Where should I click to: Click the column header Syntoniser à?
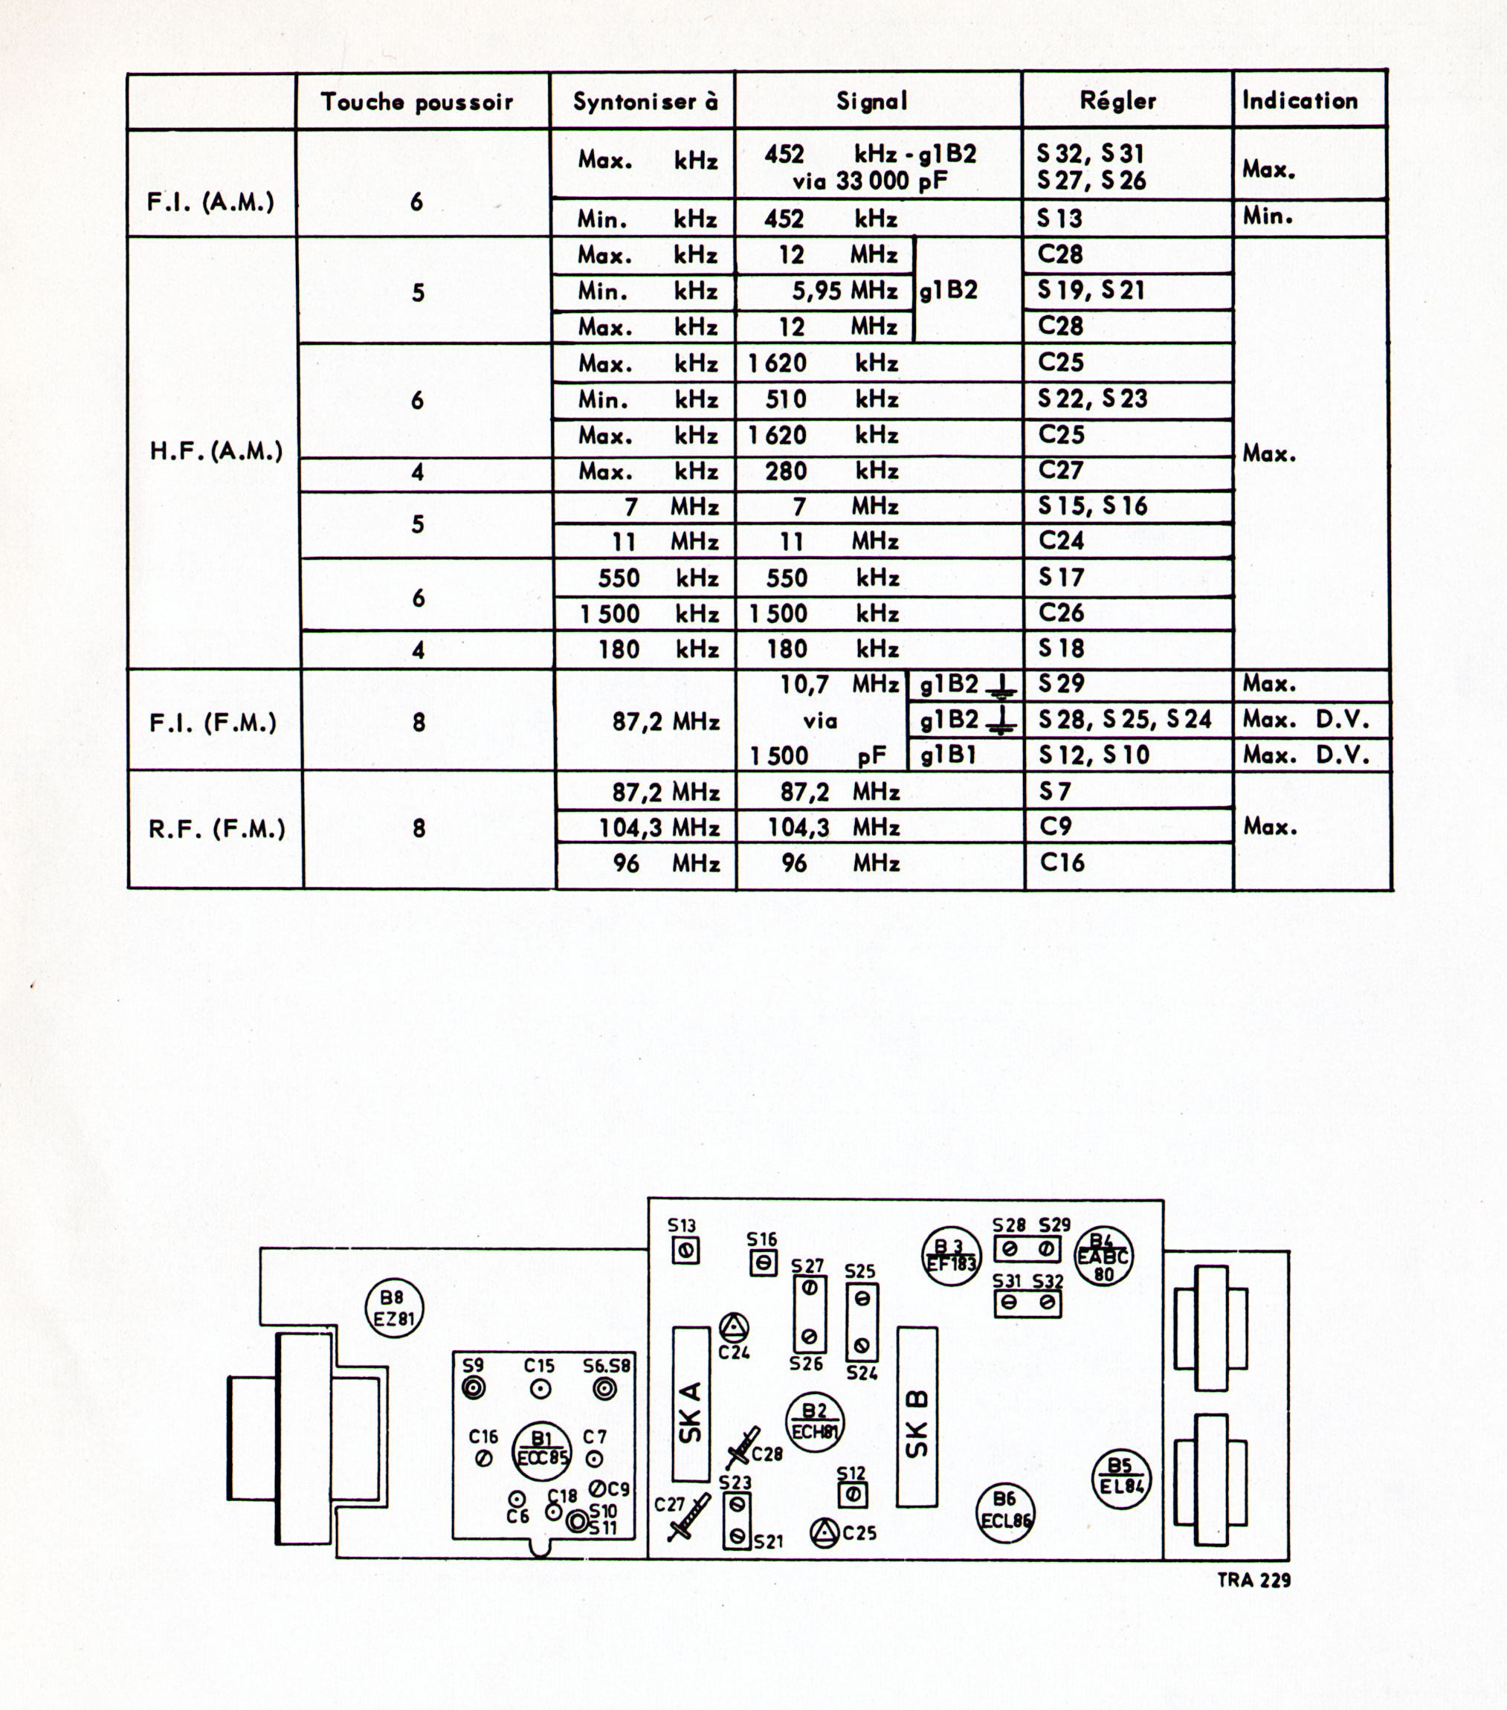645,102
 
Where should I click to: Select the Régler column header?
1118,101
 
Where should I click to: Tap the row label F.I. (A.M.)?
211,202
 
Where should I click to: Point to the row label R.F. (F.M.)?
218,829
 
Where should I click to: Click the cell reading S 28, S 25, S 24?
1125,720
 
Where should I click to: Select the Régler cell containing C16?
1062,862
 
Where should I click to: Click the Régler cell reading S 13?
1059,219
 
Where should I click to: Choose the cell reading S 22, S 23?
1092,399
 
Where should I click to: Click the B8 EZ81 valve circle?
395,1309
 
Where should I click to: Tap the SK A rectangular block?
691,1415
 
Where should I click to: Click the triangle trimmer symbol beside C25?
825,1532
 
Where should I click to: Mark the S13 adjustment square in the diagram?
685,1251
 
